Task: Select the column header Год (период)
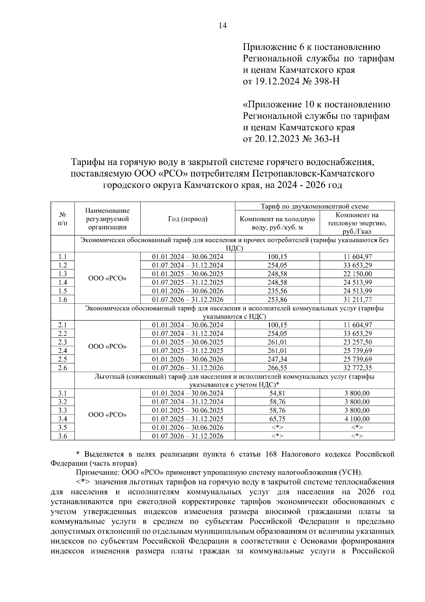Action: click(188, 219)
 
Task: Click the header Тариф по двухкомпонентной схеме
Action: click(314, 206)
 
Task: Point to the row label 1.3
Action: click(62, 274)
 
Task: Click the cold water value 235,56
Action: click(277, 291)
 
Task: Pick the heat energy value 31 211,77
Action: click(357, 300)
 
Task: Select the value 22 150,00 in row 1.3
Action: click(357, 274)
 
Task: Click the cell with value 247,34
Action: click(277, 359)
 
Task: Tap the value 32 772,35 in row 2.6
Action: click(357, 368)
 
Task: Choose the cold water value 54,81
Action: click(277, 393)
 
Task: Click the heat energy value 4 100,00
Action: click(357, 419)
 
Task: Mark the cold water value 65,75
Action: click(277, 419)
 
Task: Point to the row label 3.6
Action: click(62, 436)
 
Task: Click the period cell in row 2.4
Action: click(188, 351)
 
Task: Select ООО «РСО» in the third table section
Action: click(107, 414)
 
